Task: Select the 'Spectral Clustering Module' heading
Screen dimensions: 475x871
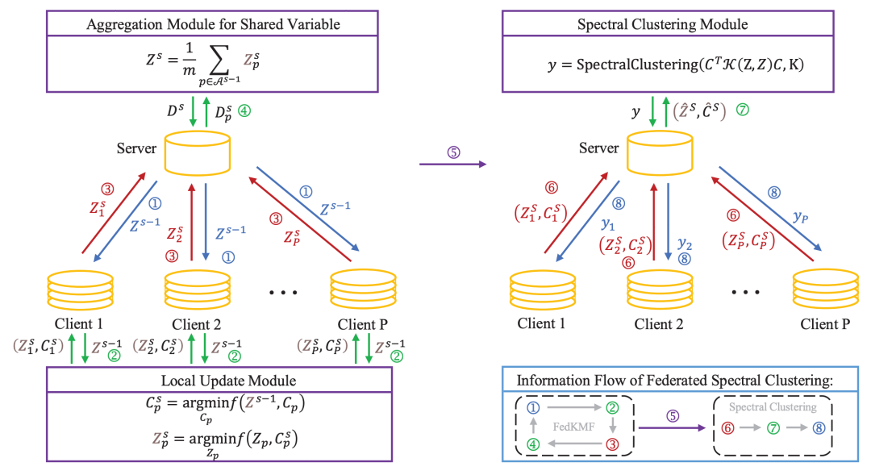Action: click(662, 24)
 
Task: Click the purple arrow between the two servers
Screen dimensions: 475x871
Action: click(454, 164)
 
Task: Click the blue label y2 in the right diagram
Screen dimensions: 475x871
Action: click(685, 243)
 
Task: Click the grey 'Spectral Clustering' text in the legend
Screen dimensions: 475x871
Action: click(772, 407)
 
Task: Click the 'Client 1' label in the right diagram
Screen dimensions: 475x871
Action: click(541, 324)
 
